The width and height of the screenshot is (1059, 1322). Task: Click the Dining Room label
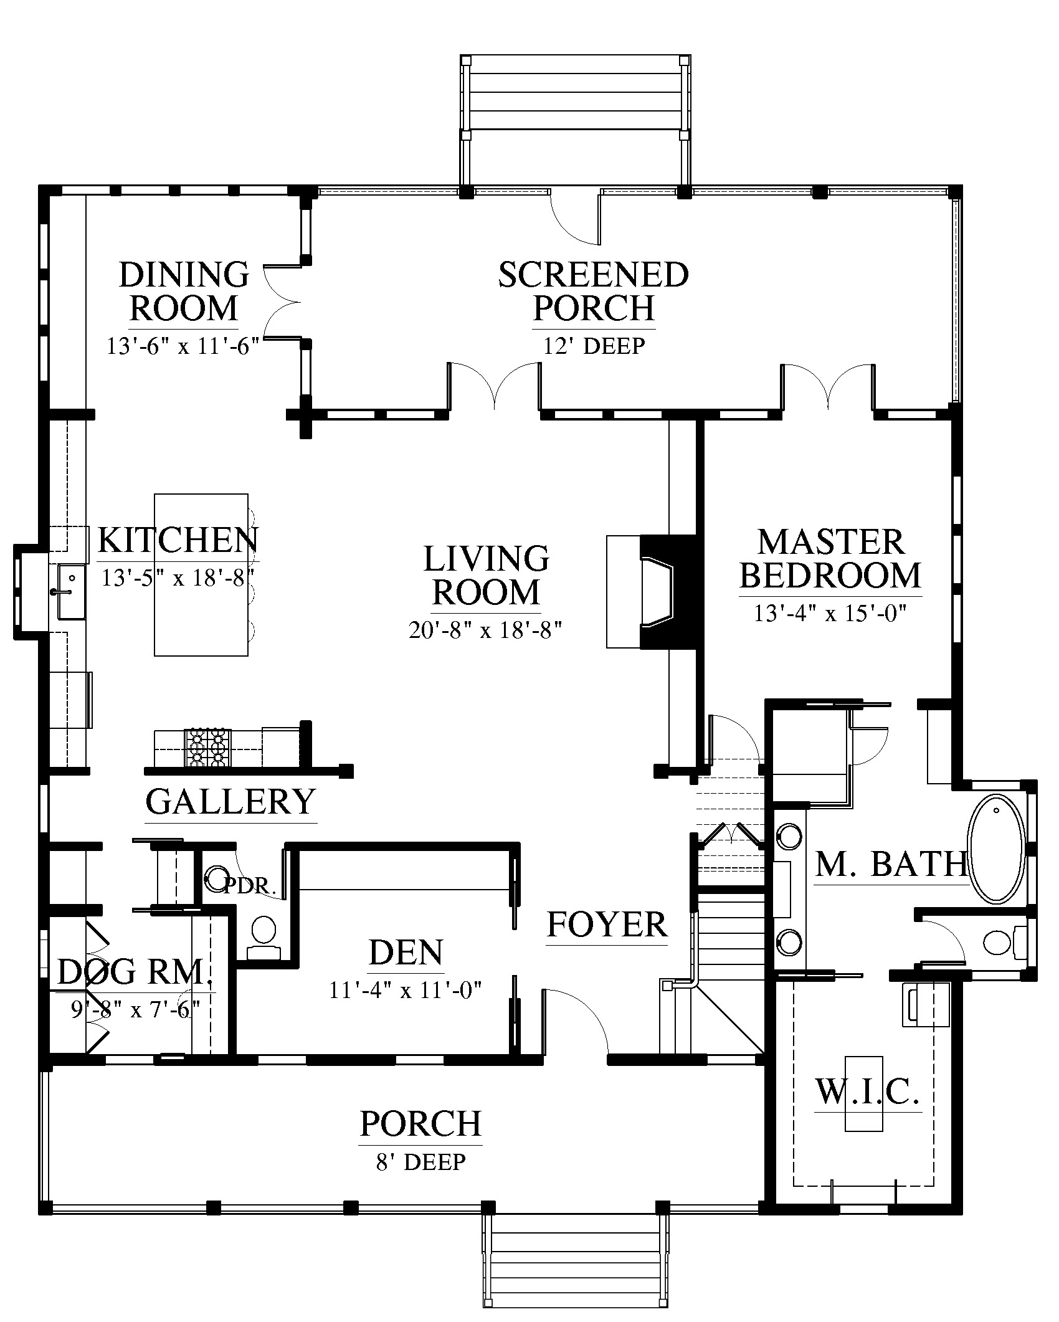coord(184,291)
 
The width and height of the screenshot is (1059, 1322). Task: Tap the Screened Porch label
coord(594,291)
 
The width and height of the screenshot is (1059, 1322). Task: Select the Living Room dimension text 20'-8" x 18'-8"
coord(486,630)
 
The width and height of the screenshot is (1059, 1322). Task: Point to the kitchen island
coord(201,574)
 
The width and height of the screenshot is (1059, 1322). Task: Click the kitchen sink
coord(71,592)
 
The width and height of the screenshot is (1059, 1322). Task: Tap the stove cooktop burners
coord(207,747)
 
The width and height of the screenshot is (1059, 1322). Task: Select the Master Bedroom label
coord(830,559)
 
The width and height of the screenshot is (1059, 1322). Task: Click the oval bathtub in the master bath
coord(995,849)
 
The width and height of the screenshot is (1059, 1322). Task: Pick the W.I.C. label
coord(868,1091)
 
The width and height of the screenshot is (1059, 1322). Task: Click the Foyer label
coord(607,925)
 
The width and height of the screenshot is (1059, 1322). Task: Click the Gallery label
coord(230,801)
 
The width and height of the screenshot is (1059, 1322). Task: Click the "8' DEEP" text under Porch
coord(420,1162)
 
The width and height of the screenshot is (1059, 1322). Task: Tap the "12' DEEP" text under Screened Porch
coord(594,345)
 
